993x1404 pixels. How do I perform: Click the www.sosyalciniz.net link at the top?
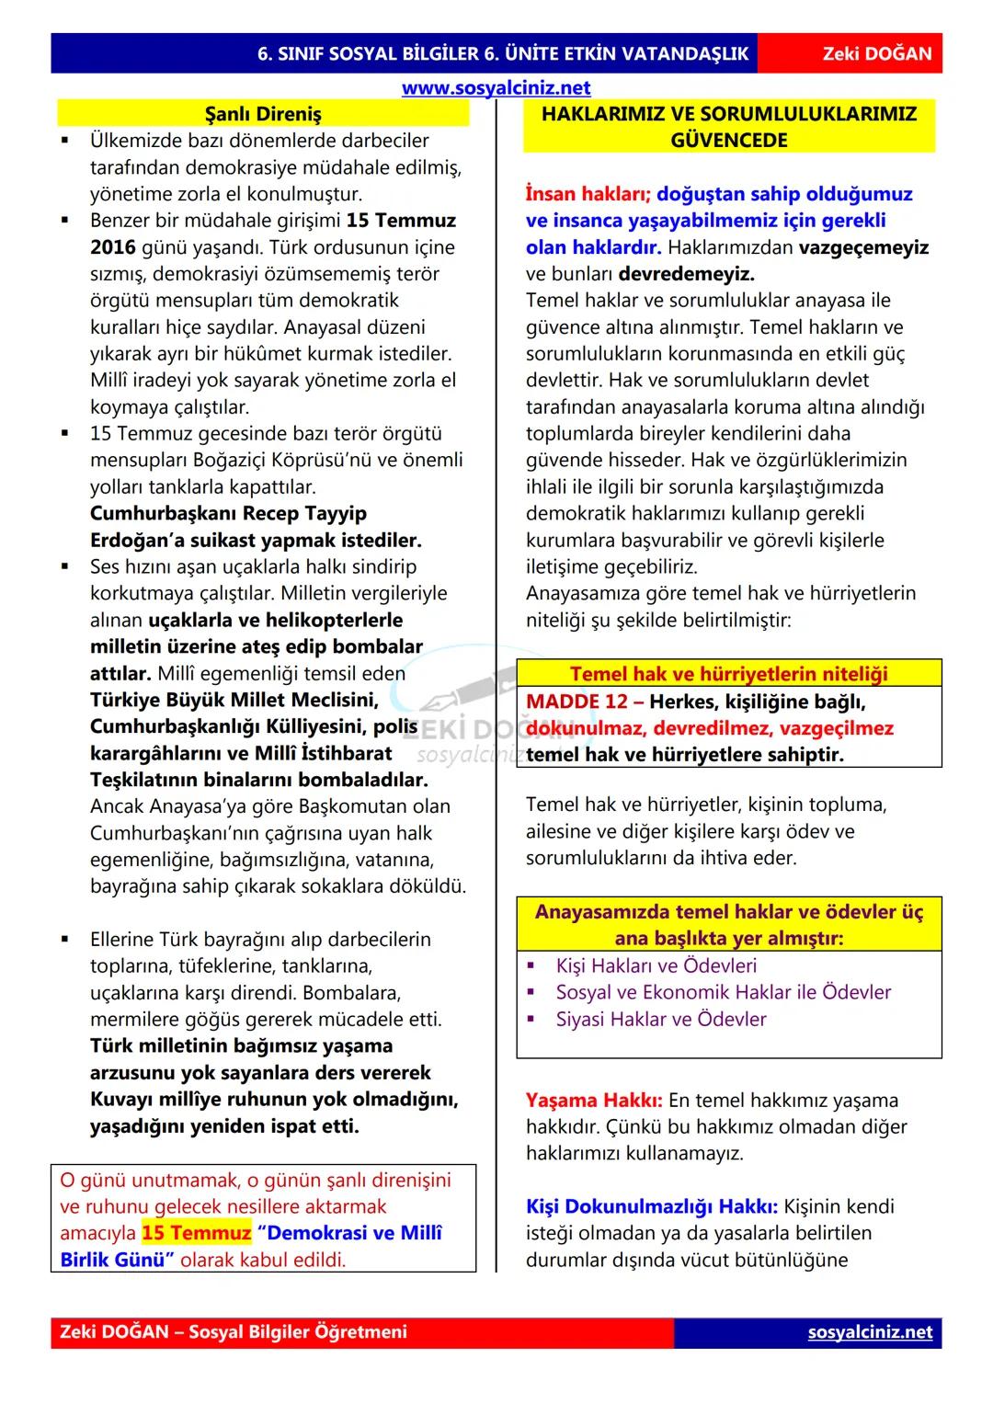(496, 88)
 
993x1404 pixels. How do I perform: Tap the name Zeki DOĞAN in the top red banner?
(876, 53)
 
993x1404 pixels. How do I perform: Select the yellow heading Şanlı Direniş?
(263, 114)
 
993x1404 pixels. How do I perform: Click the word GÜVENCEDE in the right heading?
(729, 141)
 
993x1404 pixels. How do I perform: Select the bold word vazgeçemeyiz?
(863, 247)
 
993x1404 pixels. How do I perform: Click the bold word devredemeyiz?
(686, 274)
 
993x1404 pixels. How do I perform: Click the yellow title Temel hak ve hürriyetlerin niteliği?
(728, 674)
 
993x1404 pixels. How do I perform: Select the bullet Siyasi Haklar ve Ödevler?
(661, 1019)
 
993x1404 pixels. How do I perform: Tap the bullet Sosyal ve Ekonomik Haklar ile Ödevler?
(724, 992)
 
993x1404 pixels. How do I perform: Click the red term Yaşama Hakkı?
(594, 1101)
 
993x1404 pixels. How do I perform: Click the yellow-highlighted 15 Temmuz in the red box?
(196, 1233)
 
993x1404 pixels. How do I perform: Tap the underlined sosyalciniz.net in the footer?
(870, 1332)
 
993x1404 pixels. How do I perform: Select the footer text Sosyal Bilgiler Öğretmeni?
(298, 1332)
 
